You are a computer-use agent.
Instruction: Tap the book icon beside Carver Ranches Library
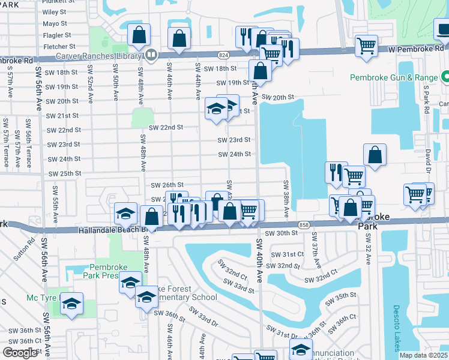151,56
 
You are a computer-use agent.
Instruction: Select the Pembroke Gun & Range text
394,78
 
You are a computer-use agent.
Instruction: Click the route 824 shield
223,55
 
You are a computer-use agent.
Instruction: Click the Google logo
20,352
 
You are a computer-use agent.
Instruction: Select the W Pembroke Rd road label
416,48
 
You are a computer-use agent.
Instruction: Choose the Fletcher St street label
59,46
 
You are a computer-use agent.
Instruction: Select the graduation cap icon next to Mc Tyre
71,304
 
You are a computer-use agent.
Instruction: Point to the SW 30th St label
282,233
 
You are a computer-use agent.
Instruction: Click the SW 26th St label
166,185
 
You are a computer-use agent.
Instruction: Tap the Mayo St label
55,24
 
